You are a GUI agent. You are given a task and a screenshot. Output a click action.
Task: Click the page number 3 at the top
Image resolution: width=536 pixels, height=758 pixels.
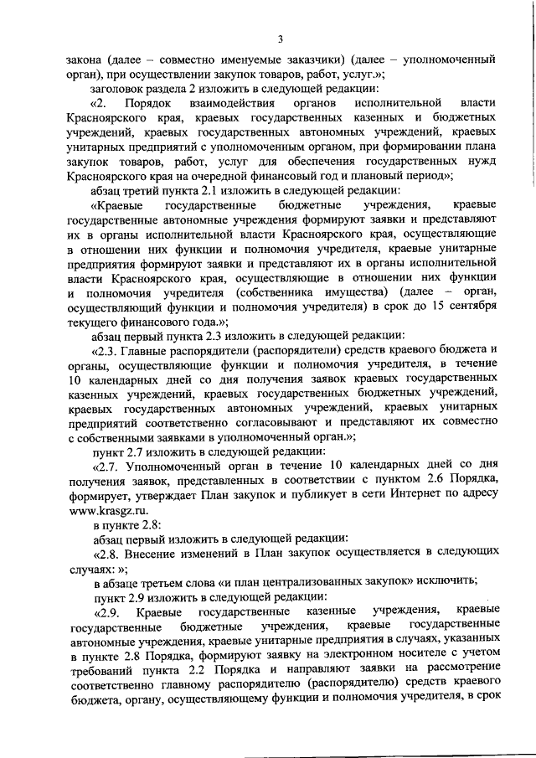click(281, 39)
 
